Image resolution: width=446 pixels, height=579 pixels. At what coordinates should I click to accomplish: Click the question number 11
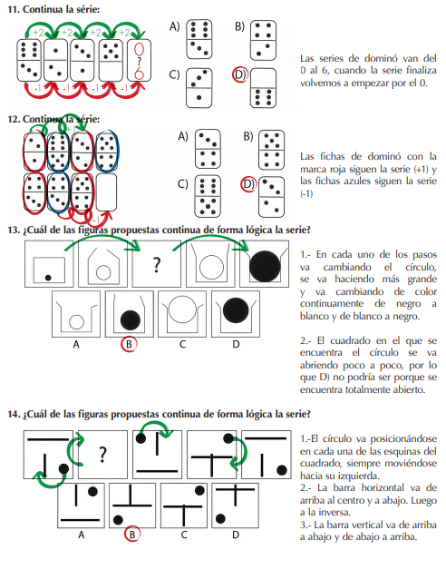[x=14, y=9]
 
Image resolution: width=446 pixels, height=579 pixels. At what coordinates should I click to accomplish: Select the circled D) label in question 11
[x=240, y=74]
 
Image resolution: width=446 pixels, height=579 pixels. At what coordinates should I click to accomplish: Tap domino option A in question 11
[x=199, y=40]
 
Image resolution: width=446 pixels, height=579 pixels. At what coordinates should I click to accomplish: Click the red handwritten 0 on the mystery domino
[x=139, y=50]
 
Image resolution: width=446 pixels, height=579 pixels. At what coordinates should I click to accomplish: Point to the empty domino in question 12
[x=106, y=192]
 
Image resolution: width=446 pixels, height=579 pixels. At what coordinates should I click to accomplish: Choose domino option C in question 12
[x=208, y=196]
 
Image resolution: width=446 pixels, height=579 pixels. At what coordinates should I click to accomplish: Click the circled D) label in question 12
[x=248, y=184]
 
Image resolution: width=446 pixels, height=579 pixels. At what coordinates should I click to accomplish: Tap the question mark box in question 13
[x=157, y=264]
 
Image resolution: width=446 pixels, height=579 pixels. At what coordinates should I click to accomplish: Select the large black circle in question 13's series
[x=265, y=266]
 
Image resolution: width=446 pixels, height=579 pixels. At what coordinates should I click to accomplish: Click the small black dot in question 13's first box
[x=48, y=278]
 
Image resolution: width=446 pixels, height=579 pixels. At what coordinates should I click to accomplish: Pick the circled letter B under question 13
[x=129, y=344]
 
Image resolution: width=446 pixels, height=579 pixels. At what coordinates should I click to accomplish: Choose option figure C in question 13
[x=182, y=314]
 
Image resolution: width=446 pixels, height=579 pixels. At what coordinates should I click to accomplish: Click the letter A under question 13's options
[x=76, y=345]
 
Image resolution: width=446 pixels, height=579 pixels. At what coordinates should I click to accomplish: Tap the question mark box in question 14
[x=103, y=455]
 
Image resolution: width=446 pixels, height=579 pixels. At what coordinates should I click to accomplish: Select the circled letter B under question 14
[x=132, y=534]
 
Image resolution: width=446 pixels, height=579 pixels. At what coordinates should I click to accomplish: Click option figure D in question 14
[x=235, y=505]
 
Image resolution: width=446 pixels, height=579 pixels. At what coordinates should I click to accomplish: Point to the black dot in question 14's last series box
[x=282, y=470]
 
